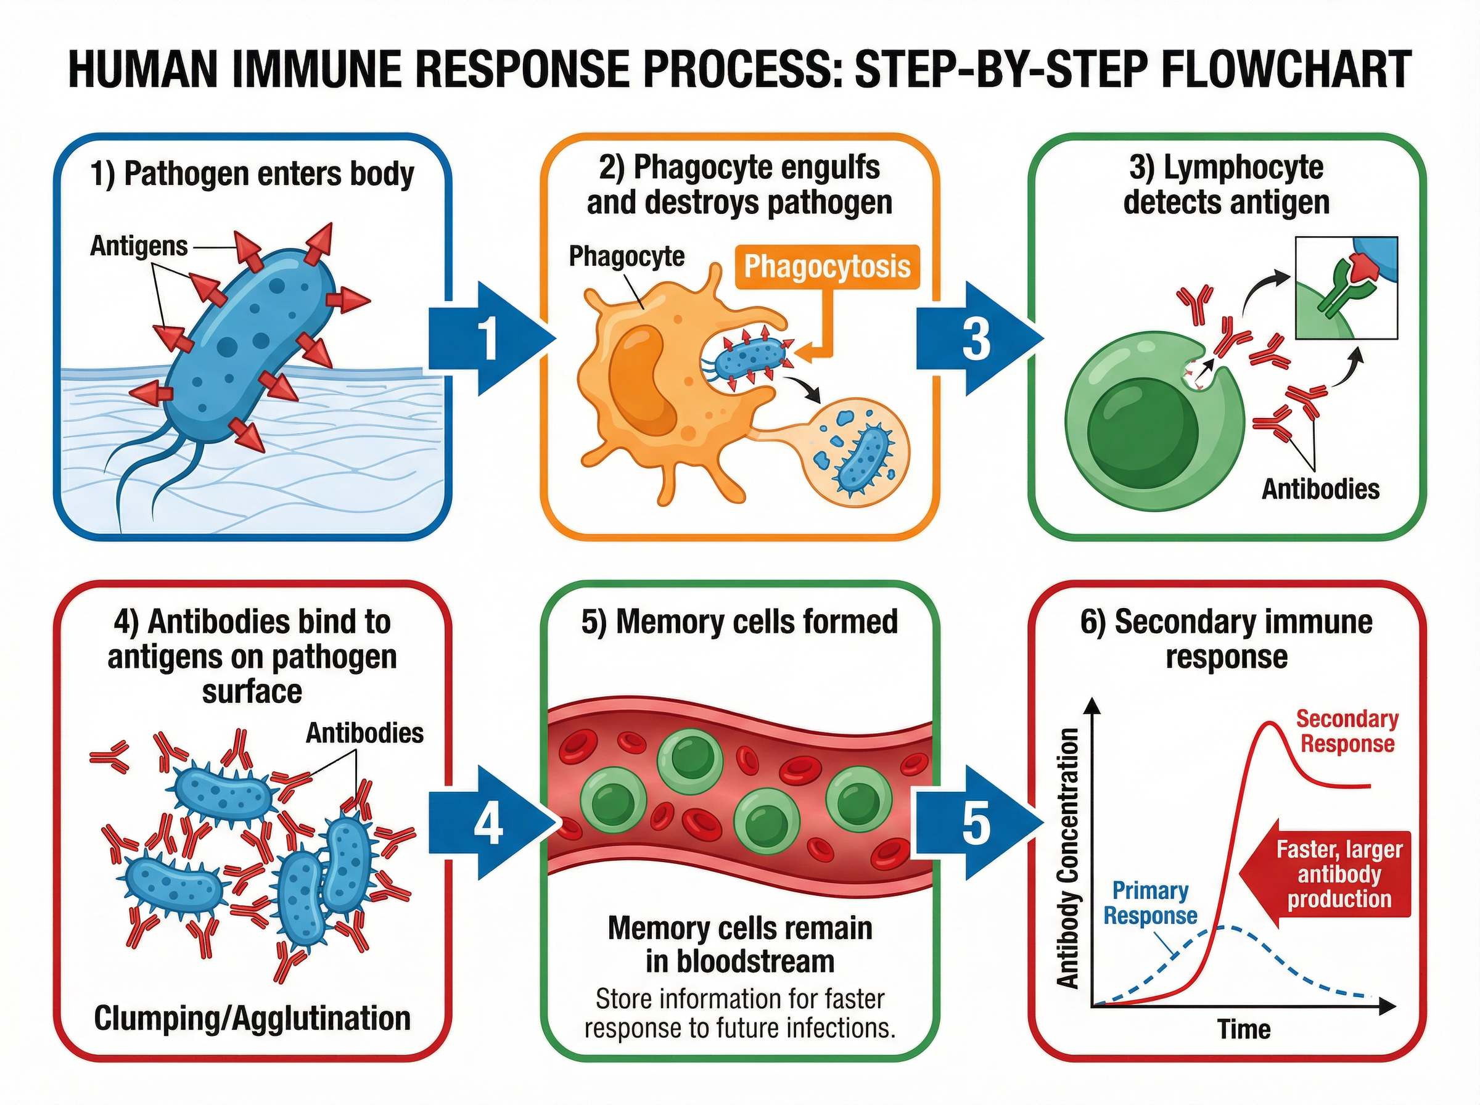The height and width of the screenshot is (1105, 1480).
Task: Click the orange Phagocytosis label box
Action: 828,266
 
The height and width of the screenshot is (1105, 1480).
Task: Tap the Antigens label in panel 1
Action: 139,246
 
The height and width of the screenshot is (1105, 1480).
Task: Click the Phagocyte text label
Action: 627,256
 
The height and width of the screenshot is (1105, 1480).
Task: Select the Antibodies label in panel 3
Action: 1320,489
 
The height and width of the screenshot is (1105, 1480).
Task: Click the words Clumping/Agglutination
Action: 252,1018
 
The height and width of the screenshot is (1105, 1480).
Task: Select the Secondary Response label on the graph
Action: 1346,731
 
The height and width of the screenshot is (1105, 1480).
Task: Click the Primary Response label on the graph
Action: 1149,903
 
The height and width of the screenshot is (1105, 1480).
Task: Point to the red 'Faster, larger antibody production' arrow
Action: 1331,874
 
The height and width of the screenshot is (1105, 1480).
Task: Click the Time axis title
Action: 1243,1029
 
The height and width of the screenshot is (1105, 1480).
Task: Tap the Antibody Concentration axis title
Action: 1068,858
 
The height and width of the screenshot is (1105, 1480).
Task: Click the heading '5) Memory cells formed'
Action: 739,622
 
